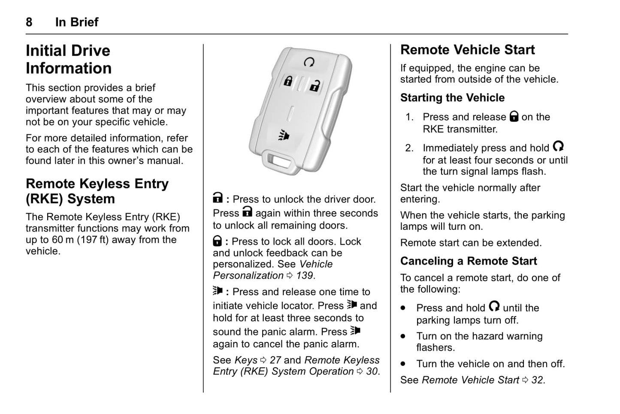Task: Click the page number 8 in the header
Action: [x=29, y=22]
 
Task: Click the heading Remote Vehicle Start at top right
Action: [x=467, y=50]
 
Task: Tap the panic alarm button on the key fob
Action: [x=284, y=136]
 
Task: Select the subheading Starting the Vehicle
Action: [x=452, y=98]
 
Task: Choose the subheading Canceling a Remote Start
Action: [x=469, y=261]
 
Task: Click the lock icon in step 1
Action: [x=514, y=116]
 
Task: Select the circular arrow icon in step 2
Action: [x=558, y=147]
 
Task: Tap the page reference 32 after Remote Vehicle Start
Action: [x=537, y=380]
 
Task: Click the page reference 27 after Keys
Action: [x=275, y=360]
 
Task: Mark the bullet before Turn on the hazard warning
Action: [x=403, y=337]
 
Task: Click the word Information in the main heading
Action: [x=69, y=68]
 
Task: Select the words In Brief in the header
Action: [x=77, y=22]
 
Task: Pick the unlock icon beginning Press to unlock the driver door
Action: [x=218, y=198]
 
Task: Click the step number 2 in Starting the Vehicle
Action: [x=409, y=148]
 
